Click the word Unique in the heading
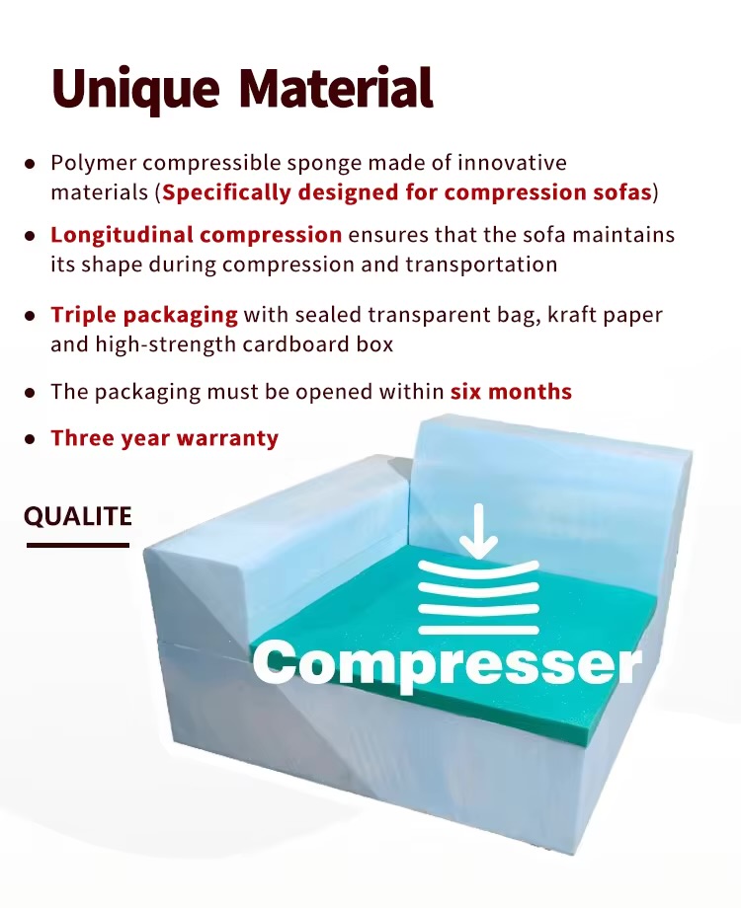[x=135, y=90]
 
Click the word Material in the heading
[x=336, y=88]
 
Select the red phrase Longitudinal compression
[x=196, y=235]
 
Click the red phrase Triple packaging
[x=144, y=316]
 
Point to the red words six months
[x=512, y=392]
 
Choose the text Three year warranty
[x=165, y=438]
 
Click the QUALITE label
[x=78, y=516]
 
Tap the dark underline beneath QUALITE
[x=78, y=545]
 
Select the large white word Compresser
[x=447, y=664]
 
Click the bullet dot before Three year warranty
[x=31, y=439]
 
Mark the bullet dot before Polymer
[x=31, y=164]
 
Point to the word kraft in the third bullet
[x=569, y=315]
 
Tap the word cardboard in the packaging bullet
[x=295, y=344]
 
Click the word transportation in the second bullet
[x=481, y=265]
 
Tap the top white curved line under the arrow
[x=478, y=569]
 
